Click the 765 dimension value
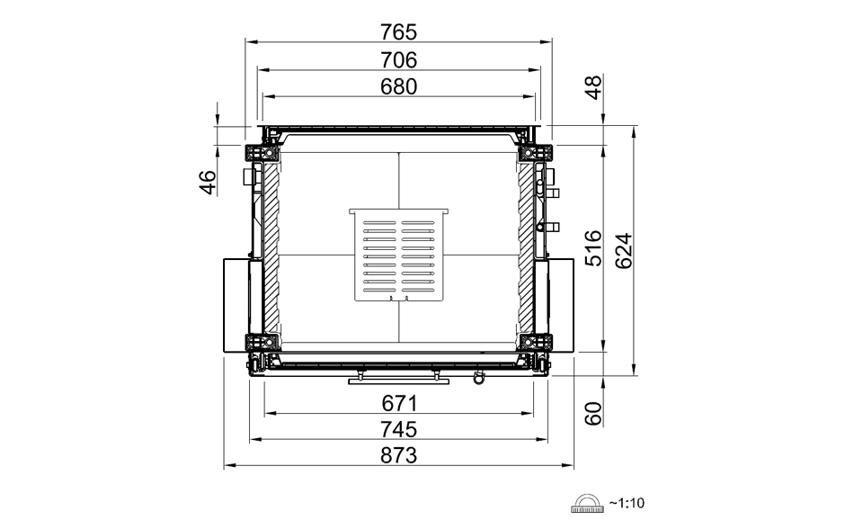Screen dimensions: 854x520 click(398, 32)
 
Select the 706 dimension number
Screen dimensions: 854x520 click(398, 60)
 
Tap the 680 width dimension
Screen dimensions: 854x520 click(398, 86)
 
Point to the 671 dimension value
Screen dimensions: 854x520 click(399, 404)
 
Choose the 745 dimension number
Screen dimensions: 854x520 click(398, 429)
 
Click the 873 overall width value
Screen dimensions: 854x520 click(398, 455)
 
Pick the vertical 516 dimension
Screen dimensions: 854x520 click(593, 248)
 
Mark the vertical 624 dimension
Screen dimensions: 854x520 click(624, 251)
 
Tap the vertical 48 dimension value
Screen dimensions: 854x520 click(593, 87)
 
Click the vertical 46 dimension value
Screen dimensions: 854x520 click(208, 183)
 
